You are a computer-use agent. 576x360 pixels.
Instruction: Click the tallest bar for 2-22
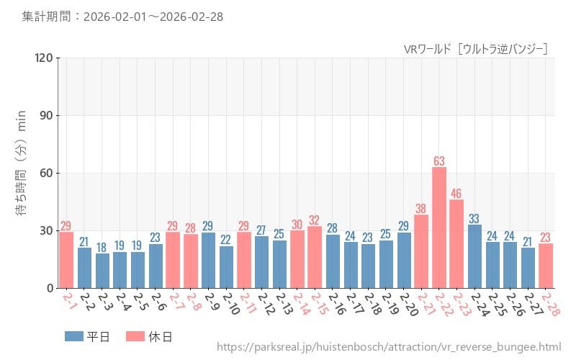click(x=439, y=228)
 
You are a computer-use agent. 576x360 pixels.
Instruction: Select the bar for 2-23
click(x=456, y=244)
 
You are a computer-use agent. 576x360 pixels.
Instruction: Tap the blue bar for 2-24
click(x=474, y=256)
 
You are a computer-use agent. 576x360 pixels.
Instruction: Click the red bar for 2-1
click(x=66, y=260)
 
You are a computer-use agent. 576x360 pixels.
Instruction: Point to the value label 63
click(x=439, y=161)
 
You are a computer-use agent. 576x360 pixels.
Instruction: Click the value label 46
click(x=456, y=193)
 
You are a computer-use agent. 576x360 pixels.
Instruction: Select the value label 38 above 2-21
click(x=421, y=209)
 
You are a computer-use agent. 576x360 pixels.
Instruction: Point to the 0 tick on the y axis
click(x=49, y=288)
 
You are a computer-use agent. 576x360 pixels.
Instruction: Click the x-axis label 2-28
click(x=550, y=304)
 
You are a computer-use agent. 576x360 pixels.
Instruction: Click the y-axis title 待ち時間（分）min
click(x=21, y=173)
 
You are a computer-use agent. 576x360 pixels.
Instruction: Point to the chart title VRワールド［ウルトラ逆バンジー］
click(x=476, y=49)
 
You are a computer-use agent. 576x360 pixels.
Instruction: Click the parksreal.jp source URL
click(x=388, y=348)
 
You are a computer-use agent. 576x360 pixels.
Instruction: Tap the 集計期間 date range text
click(x=122, y=16)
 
